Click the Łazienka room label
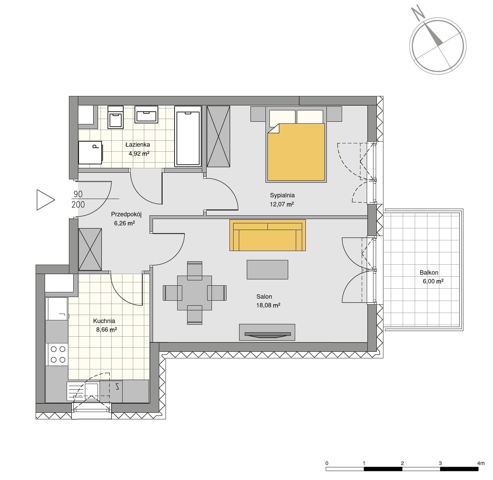[138, 145]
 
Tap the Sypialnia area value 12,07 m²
[282, 204]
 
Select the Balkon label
[429, 273]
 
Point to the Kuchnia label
[104, 321]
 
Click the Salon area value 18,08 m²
[268, 305]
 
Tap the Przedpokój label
[126, 215]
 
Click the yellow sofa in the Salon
[267, 235]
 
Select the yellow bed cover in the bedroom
[296, 152]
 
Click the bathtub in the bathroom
[188, 136]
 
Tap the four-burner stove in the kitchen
[57, 354]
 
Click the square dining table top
[194, 293]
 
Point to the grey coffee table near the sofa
[267, 270]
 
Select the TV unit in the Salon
[267, 332]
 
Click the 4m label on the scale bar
[481, 463]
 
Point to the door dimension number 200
[78, 204]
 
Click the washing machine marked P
[91, 153]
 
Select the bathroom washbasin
[147, 114]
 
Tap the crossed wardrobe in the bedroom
[219, 136]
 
